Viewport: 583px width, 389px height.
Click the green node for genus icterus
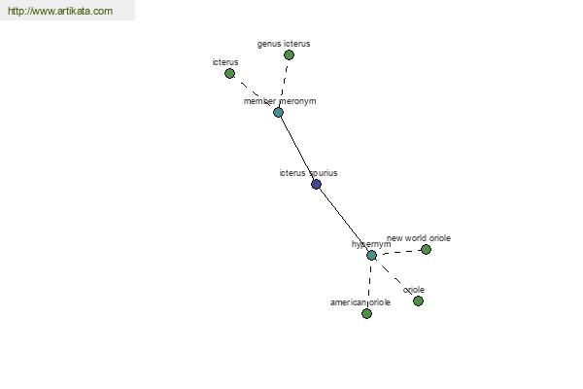click(289, 55)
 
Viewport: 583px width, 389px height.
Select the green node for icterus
click(229, 73)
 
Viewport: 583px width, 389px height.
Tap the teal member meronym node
click(278, 112)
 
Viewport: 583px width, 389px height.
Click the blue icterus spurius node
click(316, 184)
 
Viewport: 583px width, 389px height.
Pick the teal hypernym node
click(371, 256)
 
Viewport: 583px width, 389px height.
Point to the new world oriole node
click(426, 249)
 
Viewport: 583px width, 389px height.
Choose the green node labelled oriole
click(418, 301)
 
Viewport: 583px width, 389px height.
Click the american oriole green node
click(366, 313)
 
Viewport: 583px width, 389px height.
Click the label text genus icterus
click(284, 44)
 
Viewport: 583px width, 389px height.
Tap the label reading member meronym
click(280, 101)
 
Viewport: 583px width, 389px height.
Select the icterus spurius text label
click(308, 173)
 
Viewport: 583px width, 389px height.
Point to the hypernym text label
click(371, 244)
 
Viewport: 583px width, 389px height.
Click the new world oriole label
click(419, 238)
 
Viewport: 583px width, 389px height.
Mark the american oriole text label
click(360, 302)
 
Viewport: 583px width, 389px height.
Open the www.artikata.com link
click(60, 11)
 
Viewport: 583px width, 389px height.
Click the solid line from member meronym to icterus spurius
click(297, 148)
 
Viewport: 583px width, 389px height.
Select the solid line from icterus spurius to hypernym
click(344, 220)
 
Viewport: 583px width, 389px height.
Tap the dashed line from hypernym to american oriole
click(369, 284)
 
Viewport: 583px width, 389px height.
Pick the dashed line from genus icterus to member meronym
click(284, 84)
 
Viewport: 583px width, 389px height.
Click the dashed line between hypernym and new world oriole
click(398, 252)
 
